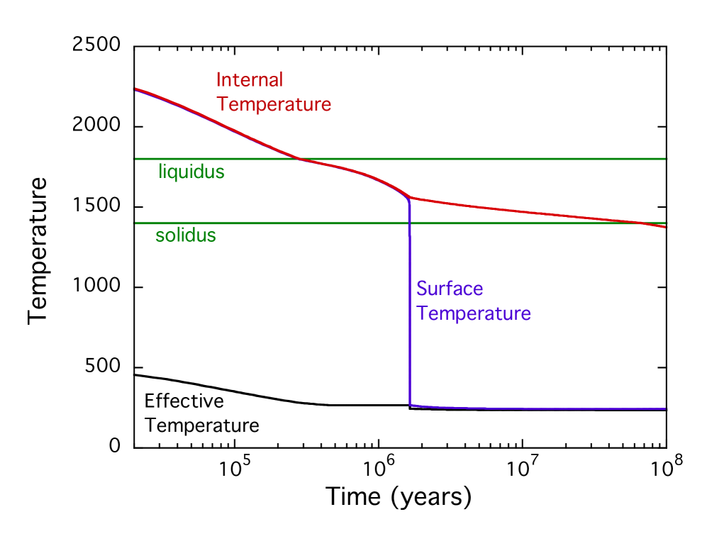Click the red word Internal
point(249,79)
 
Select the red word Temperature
point(274,104)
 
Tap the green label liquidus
point(191,172)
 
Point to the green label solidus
point(186,235)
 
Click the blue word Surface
point(450,289)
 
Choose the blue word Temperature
point(474,313)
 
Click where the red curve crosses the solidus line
point(649,223)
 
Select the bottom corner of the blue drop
point(411,405)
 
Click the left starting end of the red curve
point(135,89)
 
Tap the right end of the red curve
point(666,227)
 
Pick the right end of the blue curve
point(666,409)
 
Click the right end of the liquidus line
point(666,159)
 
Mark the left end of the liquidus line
point(135,159)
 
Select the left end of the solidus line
point(135,223)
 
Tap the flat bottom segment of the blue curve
point(539,408)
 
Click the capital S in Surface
point(422,289)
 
